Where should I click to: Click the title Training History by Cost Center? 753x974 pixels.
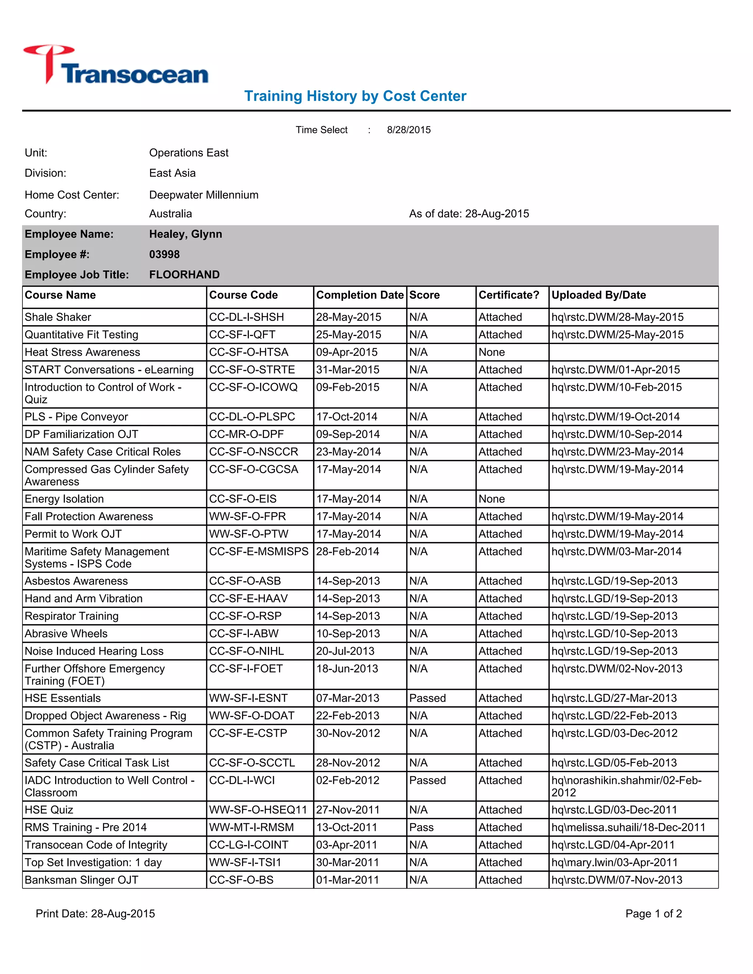(355, 96)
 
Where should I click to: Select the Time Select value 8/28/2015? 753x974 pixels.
(408, 130)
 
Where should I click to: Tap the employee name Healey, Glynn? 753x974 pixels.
(185, 234)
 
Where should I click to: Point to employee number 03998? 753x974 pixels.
(164, 254)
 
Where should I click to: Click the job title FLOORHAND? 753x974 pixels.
(184, 274)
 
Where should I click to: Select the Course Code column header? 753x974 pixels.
(243, 295)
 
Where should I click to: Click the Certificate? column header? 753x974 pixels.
(508, 295)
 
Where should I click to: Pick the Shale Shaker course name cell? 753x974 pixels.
(58, 317)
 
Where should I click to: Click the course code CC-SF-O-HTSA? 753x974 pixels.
(249, 352)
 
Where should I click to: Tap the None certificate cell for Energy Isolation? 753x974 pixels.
(492, 499)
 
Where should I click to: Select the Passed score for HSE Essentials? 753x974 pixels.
(427, 698)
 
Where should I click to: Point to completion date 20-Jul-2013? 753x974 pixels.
(345, 651)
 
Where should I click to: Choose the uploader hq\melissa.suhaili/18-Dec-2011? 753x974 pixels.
(628, 827)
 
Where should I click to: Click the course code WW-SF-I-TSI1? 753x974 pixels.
(245, 863)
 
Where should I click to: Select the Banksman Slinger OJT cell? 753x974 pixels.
(82, 880)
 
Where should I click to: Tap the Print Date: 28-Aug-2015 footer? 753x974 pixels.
(96, 914)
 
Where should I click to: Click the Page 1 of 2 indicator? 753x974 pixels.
(653, 914)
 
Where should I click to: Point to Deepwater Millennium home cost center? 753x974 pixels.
(204, 195)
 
